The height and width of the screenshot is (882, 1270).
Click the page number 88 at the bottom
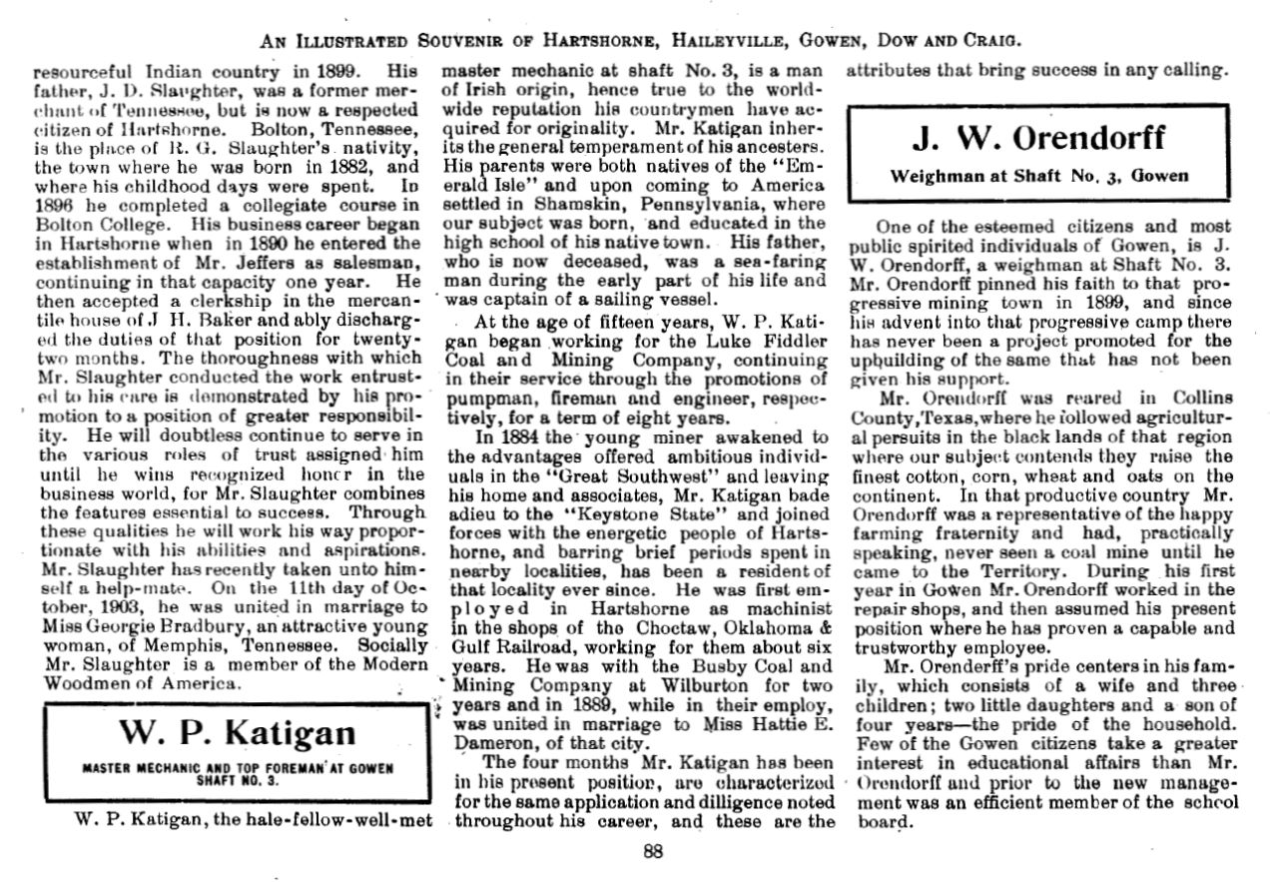click(x=653, y=852)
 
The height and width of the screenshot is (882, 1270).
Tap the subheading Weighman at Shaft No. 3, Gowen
click(x=1038, y=176)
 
